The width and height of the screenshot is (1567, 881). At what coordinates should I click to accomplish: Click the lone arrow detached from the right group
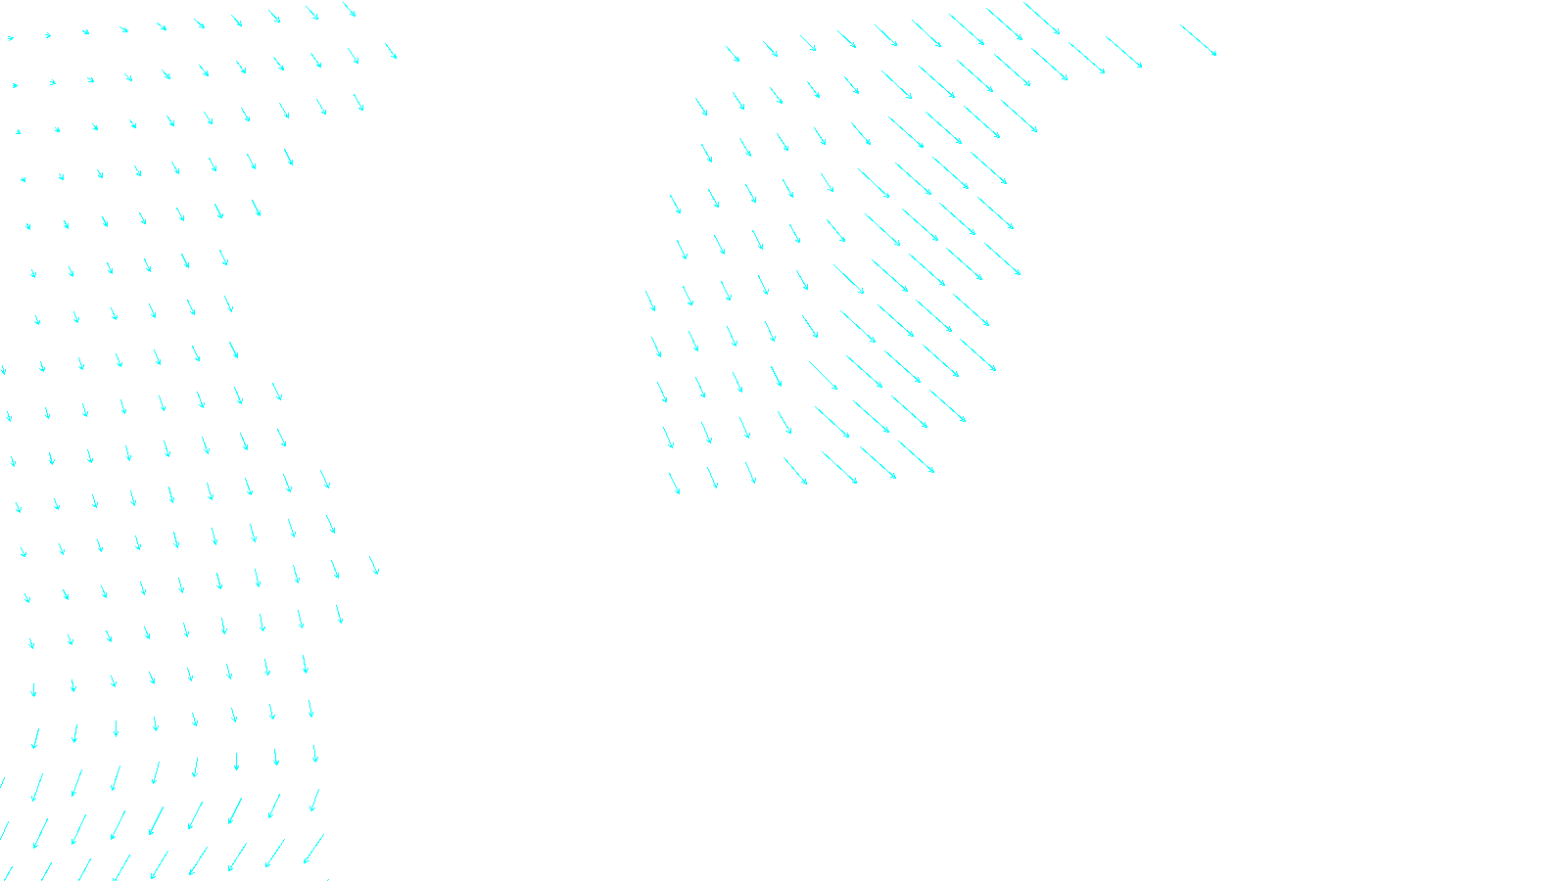1198,40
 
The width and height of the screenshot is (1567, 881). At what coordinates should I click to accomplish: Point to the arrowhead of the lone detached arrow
1215,55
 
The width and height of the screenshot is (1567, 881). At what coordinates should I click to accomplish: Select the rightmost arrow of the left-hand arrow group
391,51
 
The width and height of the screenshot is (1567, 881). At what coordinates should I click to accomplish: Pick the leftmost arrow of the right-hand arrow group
650,301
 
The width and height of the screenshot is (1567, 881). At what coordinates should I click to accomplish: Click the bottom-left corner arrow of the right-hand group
674,484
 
